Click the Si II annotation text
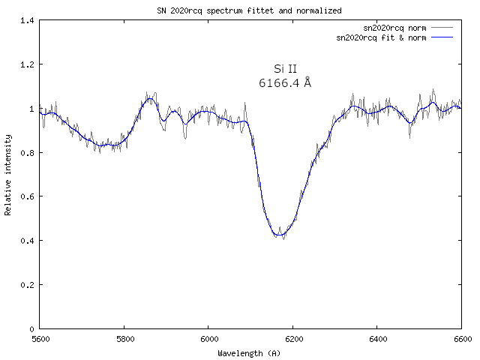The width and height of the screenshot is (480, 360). pos(286,69)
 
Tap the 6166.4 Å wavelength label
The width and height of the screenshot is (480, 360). pos(285,83)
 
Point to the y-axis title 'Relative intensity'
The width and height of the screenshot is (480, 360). pos(8,175)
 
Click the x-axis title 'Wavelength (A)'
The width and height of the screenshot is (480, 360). pos(250,352)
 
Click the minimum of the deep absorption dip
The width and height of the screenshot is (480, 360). pos(279,235)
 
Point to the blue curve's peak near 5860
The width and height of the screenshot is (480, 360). pos(149,99)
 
